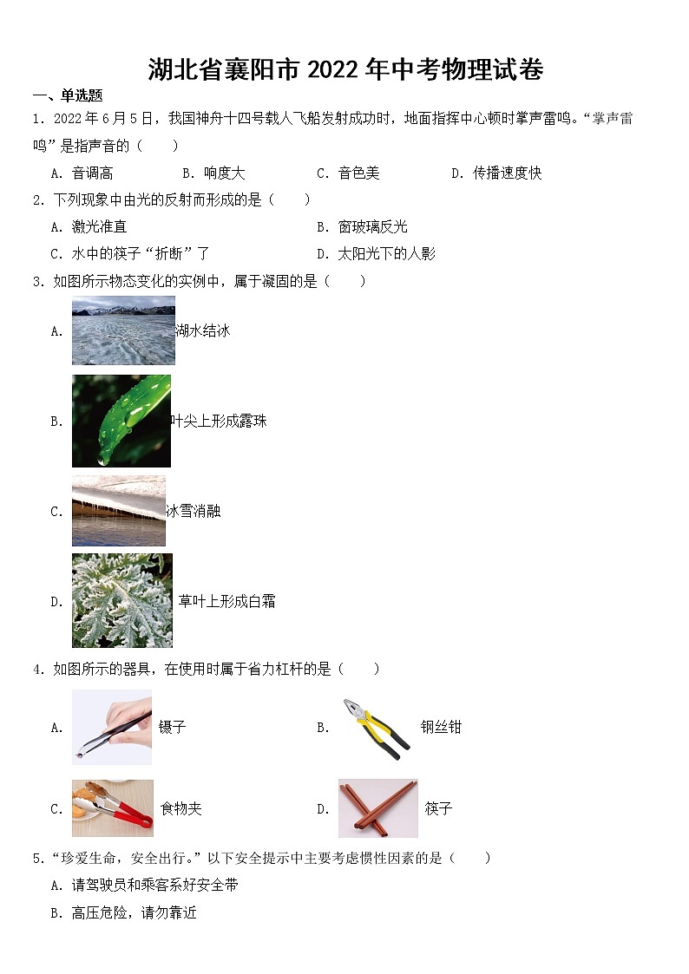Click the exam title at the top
click(345, 69)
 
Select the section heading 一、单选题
click(68, 96)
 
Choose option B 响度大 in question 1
click(213, 173)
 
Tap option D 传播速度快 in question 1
click(496, 173)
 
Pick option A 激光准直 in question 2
click(89, 227)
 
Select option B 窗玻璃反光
click(362, 227)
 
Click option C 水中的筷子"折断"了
click(130, 254)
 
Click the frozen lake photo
click(123, 330)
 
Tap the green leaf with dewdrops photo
click(121, 421)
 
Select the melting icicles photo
click(119, 511)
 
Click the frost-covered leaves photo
click(122, 600)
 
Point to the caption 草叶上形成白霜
click(227, 601)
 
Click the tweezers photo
click(112, 727)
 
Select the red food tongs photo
click(113, 808)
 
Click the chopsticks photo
click(377, 808)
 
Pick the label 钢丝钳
click(441, 727)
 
